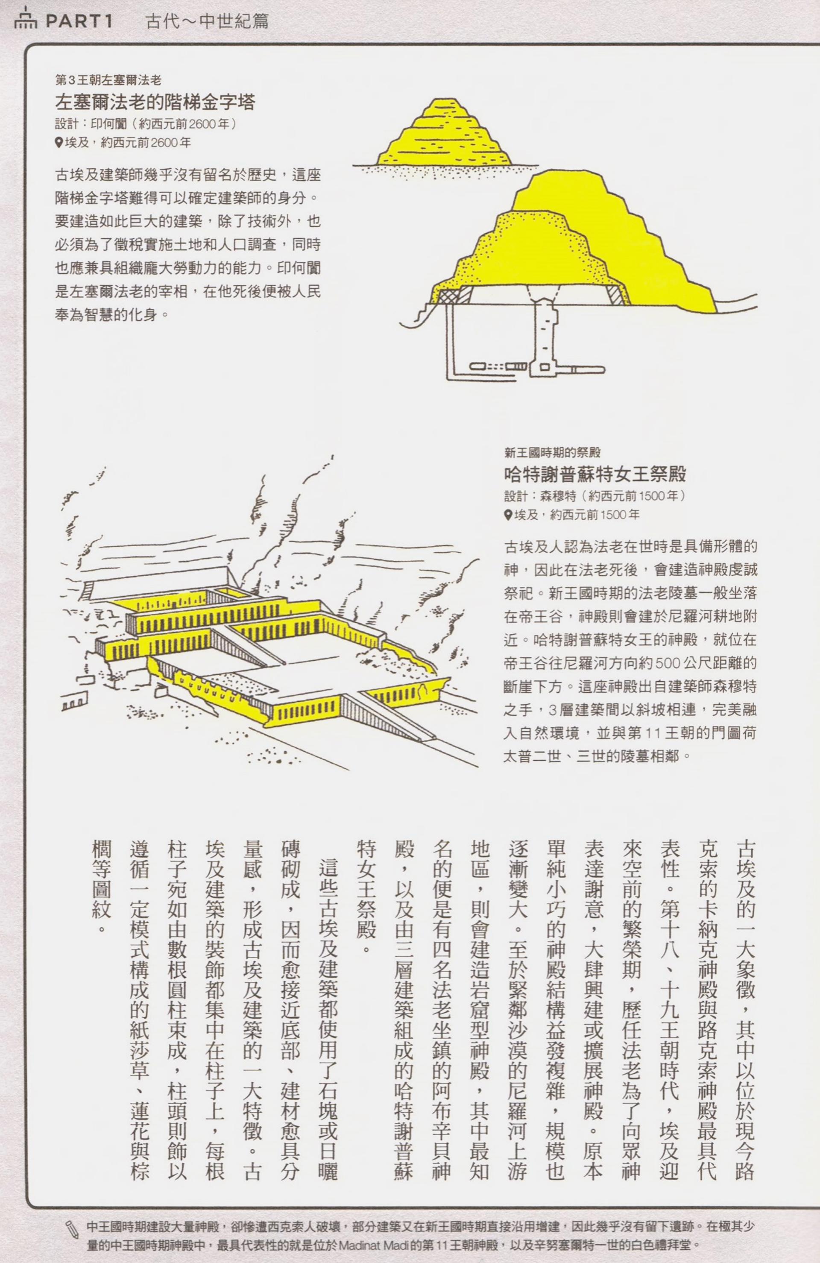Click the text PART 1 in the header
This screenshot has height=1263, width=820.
click(79, 22)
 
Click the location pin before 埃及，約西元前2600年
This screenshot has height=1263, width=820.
click(59, 142)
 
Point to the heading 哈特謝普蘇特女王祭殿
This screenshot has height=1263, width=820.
click(595, 473)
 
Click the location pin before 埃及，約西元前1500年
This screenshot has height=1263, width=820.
click(508, 514)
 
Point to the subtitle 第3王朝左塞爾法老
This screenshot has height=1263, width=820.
click(108, 80)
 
